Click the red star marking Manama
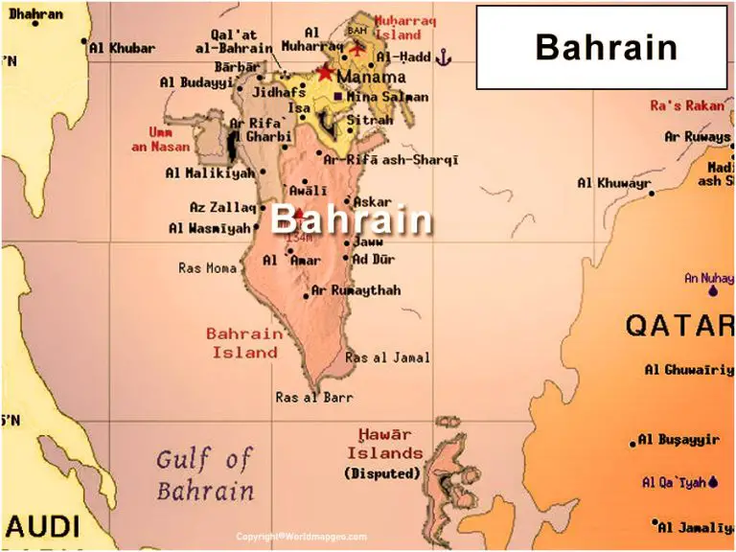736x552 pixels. (x=326, y=73)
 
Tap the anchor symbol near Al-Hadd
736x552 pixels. (x=443, y=58)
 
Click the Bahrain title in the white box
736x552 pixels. (x=606, y=47)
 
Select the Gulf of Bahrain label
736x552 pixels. (x=205, y=475)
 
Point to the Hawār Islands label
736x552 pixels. (x=384, y=445)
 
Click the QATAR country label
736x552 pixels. (x=679, y=326)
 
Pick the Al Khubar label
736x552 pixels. (x=122, y=47)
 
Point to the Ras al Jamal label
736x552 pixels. (x=387, y=357)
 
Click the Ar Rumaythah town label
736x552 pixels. (x=356, y=290)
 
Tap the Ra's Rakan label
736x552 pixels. (x=687, y=105)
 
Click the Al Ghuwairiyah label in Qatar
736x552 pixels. (x=688, y=369)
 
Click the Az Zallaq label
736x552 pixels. (x=222, y=207)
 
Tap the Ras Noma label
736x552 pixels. (x=207, y=268)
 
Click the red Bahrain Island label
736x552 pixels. (x=244, y=343)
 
